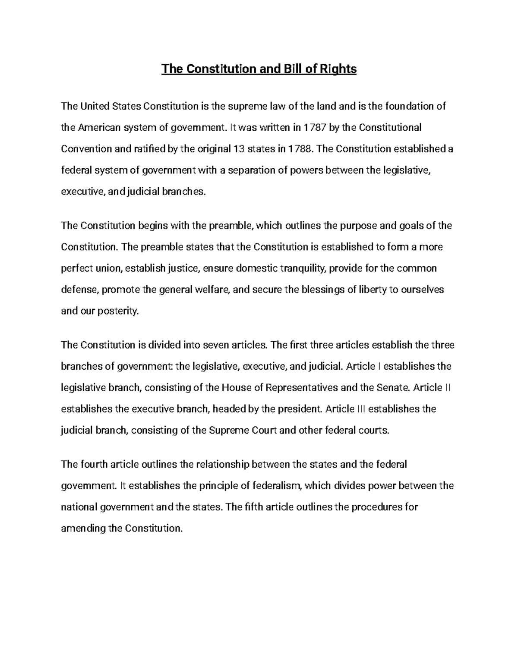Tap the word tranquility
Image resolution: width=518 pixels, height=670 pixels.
click(303, 268)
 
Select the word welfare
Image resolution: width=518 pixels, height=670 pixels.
click(212, 289)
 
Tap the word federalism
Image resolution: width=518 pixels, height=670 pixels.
click(276, 486)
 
